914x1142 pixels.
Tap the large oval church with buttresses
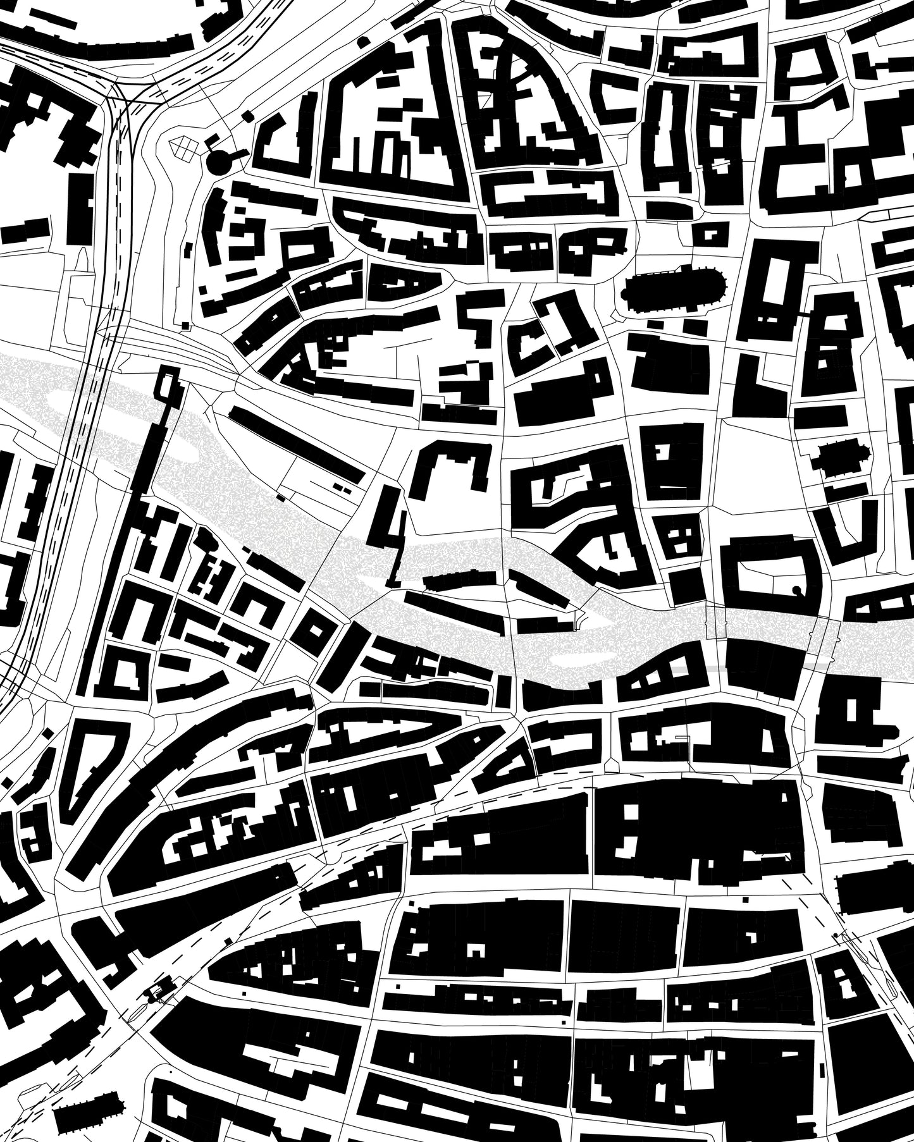[x=674, y=292]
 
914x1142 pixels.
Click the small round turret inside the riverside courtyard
[x=796, y=591]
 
